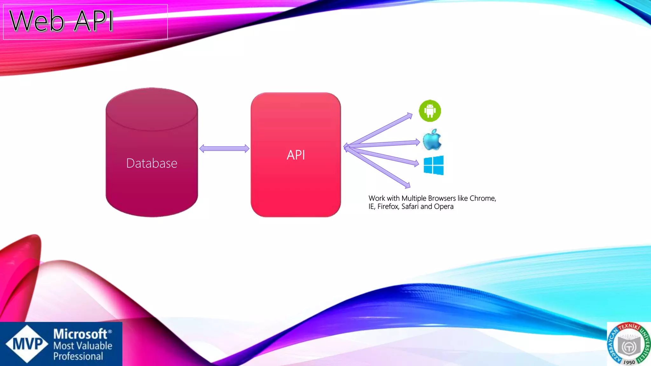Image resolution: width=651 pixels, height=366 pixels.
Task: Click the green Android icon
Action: click(x=430, y=111)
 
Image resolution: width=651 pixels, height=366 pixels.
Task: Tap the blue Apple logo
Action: click(x=432, y=140)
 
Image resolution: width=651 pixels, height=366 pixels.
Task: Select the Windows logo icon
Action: click(x=434, y=165)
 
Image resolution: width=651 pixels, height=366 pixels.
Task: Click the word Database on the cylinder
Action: click(x=152, y=163)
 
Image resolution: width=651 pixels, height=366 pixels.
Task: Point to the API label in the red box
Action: click(x=296, y=155)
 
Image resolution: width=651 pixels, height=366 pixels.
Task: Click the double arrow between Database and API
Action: click(x=224, y=148)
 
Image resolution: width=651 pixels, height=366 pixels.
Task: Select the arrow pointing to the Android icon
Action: click(x=381, y=129)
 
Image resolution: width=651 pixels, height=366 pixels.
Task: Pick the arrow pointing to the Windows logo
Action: click(x=385, y=156)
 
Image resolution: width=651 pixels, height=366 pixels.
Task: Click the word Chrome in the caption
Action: click(x=483, y=198)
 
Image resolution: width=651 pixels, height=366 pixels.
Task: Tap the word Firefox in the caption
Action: click(x=388, y=207)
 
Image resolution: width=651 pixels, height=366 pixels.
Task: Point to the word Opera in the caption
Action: click(x=444, y=207)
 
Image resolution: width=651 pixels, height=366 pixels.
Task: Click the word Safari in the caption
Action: click(x=410, y=207)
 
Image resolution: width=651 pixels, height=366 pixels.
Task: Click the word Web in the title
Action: click(x=37, y=21)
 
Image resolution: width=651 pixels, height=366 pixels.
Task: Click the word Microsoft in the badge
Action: click(x=80, y=334)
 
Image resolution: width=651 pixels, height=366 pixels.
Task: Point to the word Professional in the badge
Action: click(x=78, y=356)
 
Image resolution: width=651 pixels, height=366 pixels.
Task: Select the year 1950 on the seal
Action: click(x=629, y=362)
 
